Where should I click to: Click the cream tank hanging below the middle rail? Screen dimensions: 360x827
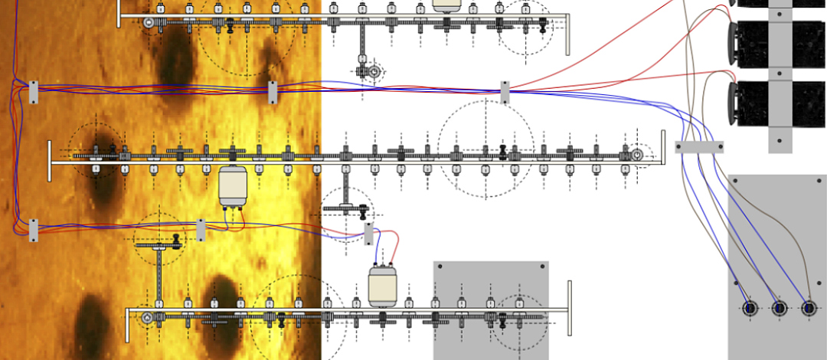pos(232,186)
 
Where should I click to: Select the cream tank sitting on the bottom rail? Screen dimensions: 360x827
pos(381,286)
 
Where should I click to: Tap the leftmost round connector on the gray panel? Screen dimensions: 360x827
pos(750,308)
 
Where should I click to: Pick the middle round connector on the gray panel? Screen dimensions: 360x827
pos(780,308)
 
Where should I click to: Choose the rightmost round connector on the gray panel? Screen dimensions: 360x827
pos(809,308)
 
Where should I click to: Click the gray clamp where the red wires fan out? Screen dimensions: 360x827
pos(505,92)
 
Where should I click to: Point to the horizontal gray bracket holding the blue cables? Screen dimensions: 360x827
pos(698,146)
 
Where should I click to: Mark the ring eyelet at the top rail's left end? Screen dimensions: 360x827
pos(149,23)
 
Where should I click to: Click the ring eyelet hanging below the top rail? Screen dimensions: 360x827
pos(374,72)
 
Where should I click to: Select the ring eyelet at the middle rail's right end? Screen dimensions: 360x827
pos(636,155)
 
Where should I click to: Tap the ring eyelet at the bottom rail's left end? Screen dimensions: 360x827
pos(147,316)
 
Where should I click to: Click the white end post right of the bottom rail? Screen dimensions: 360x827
pos(569,307)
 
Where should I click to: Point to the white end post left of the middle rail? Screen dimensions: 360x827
pos(51,161)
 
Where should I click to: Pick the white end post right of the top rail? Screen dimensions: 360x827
pos(567,35)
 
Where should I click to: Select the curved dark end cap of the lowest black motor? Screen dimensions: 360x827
pos(733,103)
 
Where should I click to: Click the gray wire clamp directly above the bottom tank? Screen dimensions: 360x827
pos(369,234)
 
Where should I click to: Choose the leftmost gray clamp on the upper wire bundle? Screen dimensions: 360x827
pos(33,92)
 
